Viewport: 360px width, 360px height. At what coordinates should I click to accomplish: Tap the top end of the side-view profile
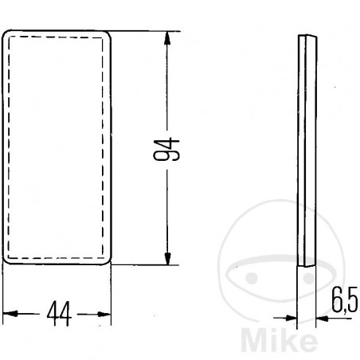pyautogui.click(x=306, y=36)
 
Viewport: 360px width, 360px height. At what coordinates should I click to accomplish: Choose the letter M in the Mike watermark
pyautogui.click(x=270, y=338)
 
